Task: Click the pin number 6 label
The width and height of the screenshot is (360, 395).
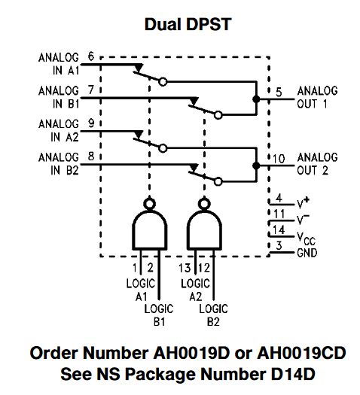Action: coord(91,56)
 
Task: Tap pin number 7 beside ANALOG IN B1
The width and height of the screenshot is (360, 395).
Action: coord(91,90)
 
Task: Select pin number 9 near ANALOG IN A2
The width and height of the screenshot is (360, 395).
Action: coord(91,123)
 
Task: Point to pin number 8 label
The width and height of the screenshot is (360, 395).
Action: coord(91,156)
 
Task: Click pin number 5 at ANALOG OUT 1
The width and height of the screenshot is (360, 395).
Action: coord(279,93)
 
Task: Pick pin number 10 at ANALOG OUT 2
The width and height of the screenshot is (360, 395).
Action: coord(279,159)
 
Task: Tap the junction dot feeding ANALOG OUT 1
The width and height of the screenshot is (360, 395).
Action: coord(256,99)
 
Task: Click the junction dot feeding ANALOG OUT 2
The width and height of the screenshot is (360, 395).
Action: coord(256,166)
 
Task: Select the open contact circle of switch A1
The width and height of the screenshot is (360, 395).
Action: coord(163,82)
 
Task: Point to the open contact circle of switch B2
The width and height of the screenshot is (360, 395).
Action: coord(218,181)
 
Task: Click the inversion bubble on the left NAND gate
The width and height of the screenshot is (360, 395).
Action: coord(149,203)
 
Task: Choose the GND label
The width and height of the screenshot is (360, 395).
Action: coord(307,253)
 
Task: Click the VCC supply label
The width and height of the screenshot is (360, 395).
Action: coord(306,239)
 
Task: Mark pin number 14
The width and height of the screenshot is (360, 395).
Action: coord(279,229)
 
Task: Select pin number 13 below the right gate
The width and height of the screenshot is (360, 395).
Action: coord(185,268)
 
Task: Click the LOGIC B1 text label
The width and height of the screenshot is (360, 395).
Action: coord(159,315)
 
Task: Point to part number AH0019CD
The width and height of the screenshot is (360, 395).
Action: coord(301,353)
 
